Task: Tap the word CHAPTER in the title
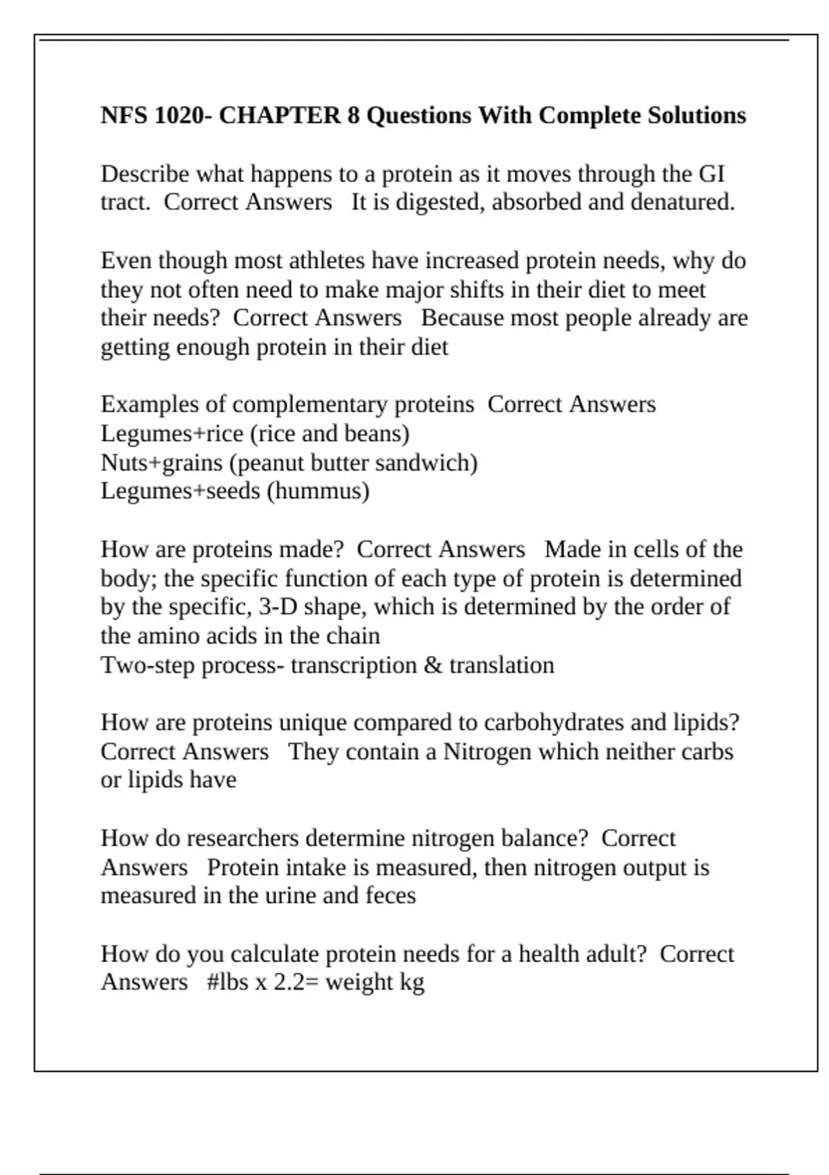point(280,115)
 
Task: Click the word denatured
point(683,203)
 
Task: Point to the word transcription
point(354,665)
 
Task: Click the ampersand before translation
point(433,665)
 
